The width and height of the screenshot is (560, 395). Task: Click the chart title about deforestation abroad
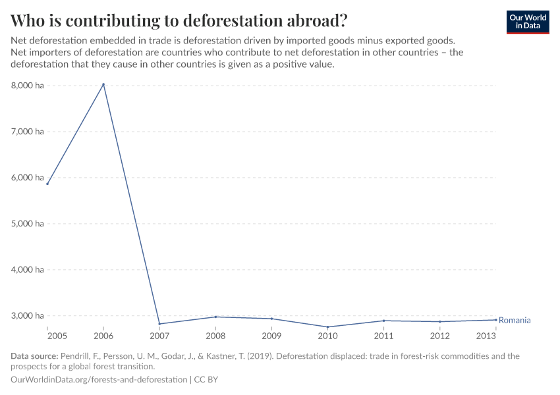click(x=179, y=20)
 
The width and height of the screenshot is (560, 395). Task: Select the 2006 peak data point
click(x=103, y=84)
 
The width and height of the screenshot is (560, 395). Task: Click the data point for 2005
click(x=47, y=184)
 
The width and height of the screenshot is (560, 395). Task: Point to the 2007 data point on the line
click(x=159, y=324)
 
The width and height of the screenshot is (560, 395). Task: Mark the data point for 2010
click(x=328, y=327)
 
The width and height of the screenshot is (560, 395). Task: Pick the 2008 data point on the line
click(x=216, y=317)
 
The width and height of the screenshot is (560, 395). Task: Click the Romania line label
click(x=515, y=321)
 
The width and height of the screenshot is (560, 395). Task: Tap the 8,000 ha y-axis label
click(x=27, y=85)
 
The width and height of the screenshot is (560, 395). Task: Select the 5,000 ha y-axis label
click(x=27, y=223)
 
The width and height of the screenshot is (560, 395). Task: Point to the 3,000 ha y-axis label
click(x=27, y=315)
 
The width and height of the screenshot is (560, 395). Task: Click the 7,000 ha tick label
click(x=27, y=131)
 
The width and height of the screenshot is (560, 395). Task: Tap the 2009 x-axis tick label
click(x=271, y=336)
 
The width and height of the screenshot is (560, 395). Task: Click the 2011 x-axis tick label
click(x=384, y=336)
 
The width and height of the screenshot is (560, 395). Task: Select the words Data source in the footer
click(x=34, y=356)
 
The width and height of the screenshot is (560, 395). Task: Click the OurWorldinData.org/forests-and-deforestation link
click(x=99, y=380)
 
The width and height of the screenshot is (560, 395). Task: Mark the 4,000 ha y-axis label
click(x=27, y=269)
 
